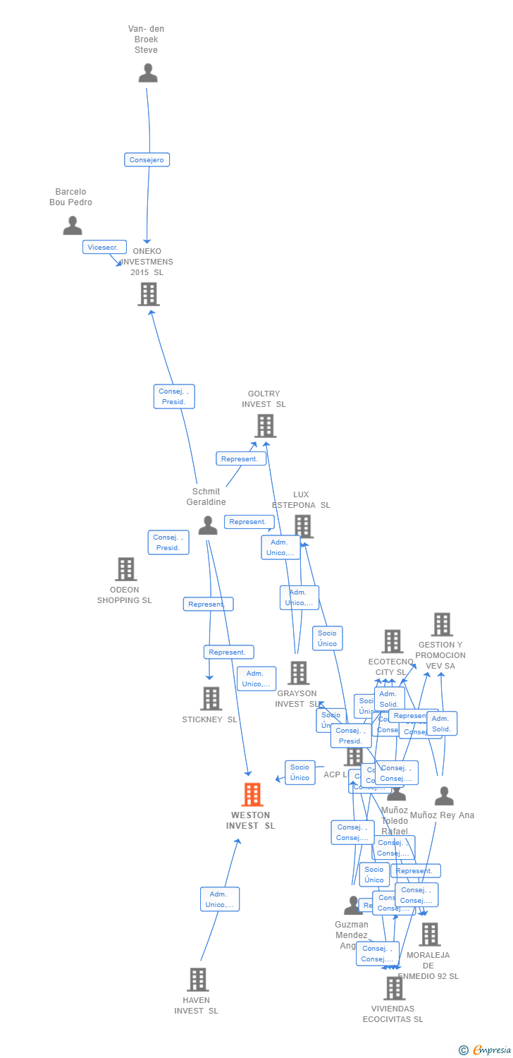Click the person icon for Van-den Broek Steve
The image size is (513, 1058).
148,73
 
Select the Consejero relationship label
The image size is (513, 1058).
147,160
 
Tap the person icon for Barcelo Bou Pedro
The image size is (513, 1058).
73,226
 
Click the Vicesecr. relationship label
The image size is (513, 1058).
104,248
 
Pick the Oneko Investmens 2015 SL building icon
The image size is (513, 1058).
149,294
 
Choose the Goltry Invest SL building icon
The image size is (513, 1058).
265,426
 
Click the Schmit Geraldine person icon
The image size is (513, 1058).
207,525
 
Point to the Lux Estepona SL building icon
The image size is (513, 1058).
303,526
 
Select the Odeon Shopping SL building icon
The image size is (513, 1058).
125,569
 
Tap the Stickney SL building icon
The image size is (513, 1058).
211,698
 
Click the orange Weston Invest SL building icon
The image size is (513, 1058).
252,795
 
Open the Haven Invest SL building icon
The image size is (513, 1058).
197,980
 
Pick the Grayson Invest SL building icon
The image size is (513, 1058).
298,673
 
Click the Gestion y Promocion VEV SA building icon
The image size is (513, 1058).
442,624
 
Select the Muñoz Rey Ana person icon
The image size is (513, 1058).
444,796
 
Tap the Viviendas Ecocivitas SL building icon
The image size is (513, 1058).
394,988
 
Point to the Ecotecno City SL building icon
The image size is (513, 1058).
392,641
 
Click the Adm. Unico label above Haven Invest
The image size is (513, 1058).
220,899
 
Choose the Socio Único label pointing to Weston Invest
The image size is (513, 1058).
299,772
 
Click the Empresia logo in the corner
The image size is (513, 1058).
486,1050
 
